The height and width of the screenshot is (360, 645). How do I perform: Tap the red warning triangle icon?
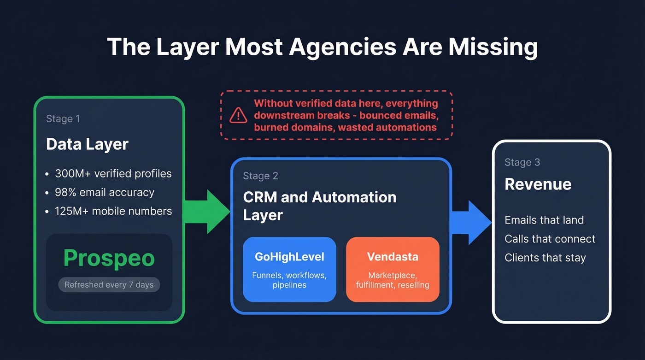coord(238,115)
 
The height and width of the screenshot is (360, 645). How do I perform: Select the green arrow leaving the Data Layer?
coord(207,212)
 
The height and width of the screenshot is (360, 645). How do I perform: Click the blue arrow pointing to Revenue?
coord(471,222)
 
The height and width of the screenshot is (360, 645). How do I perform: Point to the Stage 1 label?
coord(63,119)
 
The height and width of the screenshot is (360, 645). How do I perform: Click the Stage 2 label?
coord(260,176)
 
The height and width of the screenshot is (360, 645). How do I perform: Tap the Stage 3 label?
coord(522,162)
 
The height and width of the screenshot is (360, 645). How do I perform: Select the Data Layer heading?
coord(87,144)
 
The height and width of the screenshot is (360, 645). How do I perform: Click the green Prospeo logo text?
coord(109,258)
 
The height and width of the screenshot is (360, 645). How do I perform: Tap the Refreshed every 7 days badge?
coord(109,285)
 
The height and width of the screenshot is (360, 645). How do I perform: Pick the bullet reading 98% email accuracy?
coord(105,192)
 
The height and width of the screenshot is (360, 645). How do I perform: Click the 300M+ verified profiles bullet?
coord(113,174)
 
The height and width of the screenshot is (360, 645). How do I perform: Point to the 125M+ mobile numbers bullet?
coord(113,211)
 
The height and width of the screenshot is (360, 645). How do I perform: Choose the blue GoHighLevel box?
coord(289,270)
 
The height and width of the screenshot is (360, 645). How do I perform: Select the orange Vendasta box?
coord(393,270)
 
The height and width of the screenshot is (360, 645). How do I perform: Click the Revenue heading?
coord(538,184)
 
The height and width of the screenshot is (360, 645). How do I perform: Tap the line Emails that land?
coord(544,220)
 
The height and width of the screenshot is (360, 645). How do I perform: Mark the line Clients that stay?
coord(545,258)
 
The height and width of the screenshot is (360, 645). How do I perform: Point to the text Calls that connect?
coord(550,239)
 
